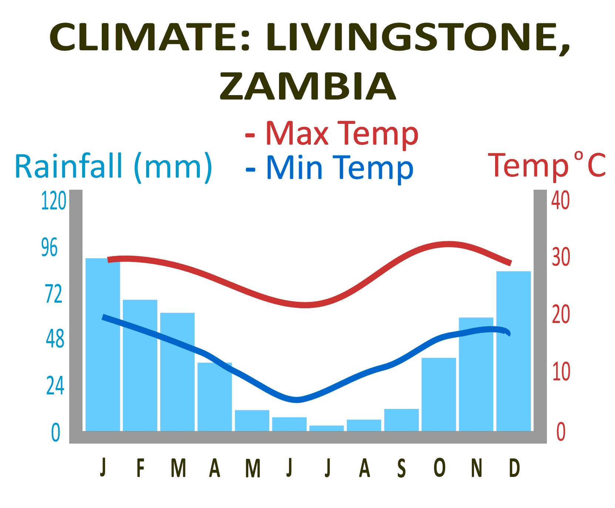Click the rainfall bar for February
tap(140, 366)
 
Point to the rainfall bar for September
tap(401, 420)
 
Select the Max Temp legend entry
tap(332, 134)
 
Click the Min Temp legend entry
tap(329, 168)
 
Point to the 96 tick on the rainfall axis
tap(49, 248)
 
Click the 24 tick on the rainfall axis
tap(55, 386)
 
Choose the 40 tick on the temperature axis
tap(560, 201)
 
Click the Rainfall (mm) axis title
tap(113, 167)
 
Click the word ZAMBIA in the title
tap(307, 86)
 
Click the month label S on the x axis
tap(401, 468)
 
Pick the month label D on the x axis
tap(514, 468)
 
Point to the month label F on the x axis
tap(140, 468)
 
